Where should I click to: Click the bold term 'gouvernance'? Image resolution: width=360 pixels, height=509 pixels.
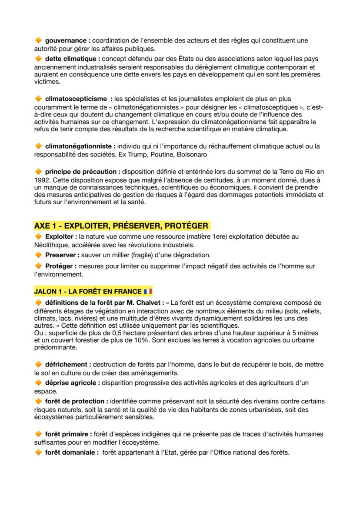pos(67,40)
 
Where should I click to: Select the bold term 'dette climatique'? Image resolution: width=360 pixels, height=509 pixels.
pos(71,59)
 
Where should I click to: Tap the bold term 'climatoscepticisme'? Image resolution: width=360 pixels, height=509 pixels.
pos(76,99)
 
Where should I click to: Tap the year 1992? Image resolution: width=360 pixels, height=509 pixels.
pos(43,179)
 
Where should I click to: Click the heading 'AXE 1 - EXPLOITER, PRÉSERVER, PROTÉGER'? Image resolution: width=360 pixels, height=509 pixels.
pos(121,226)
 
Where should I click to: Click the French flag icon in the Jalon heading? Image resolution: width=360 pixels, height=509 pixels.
pos(148,291)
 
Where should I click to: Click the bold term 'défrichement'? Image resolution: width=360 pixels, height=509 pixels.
pos(67,364)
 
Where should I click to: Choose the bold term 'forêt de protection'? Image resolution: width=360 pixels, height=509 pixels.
pos(76,401)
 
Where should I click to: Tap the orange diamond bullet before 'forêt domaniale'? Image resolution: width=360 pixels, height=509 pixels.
pos(38,452)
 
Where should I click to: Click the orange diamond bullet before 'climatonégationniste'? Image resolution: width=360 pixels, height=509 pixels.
pos(38,146)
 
